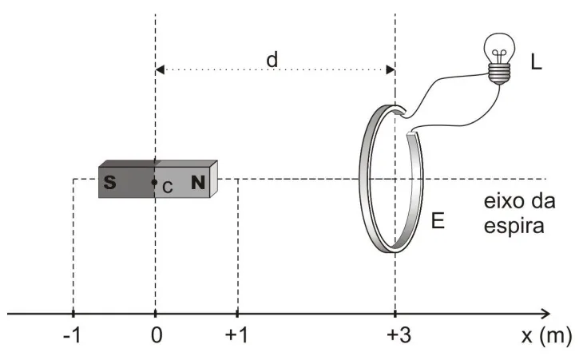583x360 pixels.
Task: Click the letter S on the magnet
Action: [x=109, y=182]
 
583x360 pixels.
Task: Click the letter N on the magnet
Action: [x=198, y=182]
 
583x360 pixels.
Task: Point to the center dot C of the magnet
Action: [x=154, y=183]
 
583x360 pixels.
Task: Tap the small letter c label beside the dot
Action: [x=168, y=187]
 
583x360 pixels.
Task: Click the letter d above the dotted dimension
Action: [x=272, y=59]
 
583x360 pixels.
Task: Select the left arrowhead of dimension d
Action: [x=160, y=70]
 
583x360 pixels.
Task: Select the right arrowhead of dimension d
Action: [x=391, y=70]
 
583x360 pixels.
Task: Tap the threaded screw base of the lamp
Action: [x=499, y=74]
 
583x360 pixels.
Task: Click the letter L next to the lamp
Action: [x=536, y=61]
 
